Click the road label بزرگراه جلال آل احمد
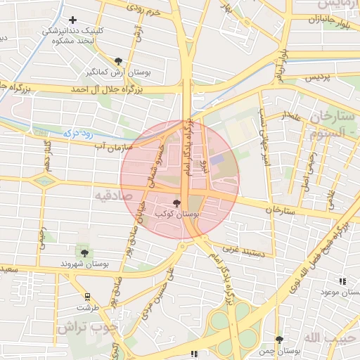click(x=105, y=90)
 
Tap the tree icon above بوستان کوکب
click(x=176, y=202)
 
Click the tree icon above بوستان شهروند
click(x=84, y=252)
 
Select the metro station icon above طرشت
click(x=87, y=297)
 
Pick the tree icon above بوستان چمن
click(x=279, y=340)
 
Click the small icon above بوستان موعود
click(x=342, y=281)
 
